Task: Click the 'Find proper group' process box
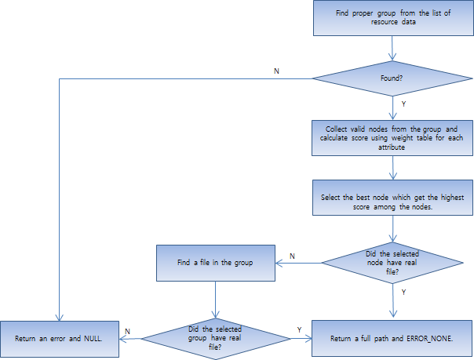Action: click(x=392, y=18)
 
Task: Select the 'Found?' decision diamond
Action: click(x=392, y=78)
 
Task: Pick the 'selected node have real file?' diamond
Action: click(x=392, y=260)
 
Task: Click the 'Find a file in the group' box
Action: click(x=214, y=262)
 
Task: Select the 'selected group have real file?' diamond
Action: click(x=214, y=339)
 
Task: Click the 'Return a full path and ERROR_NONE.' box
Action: click(x=392, y=339)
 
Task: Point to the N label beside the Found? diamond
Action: click(x=275, y=71)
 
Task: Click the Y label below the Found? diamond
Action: click(x=403, y=102)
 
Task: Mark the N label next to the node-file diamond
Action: click(x=292, y=256)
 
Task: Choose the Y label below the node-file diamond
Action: click(x=403, y=292)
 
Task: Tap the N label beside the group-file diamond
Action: click(x=127, y=331)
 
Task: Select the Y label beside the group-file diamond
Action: click(x=299, y=329)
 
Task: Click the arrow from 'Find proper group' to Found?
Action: click(x=392, y=48)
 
